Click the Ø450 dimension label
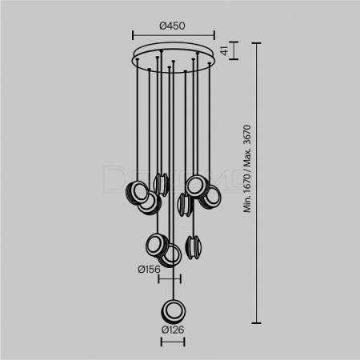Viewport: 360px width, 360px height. tap(172, 26)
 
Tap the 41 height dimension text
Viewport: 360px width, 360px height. tap(226, 50)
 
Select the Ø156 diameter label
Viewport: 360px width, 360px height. tap(150, 270)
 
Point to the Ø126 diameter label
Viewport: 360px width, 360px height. tap(173, 330)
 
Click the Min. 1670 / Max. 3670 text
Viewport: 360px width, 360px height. tap(247, 169)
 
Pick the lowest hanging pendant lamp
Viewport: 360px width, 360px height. tap(174, 312)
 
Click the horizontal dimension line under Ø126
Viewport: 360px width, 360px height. tap(173, 342)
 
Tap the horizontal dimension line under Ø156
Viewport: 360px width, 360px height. tap(170, 279)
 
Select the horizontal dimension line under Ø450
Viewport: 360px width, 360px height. tap(174, 35)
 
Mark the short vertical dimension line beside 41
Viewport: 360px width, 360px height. tap(234, 50)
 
